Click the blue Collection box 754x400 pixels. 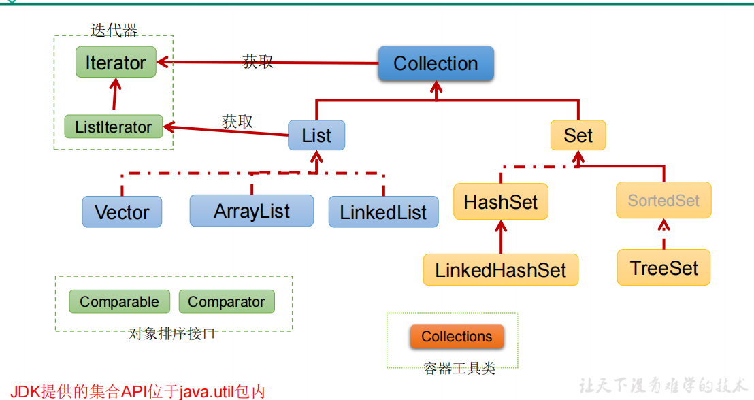point(436,63)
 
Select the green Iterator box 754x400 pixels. point(116,62)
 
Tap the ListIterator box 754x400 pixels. point(114,127)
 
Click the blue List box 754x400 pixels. point(316,135)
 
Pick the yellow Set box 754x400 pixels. point(578,135)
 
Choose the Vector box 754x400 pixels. point(122,212)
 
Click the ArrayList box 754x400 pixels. point(252,211)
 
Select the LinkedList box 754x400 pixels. point(383,212)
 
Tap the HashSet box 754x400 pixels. point(501,201)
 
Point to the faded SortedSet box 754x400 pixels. point(663,200)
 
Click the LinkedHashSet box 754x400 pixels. point(501,269)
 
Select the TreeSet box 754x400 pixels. point(663,267)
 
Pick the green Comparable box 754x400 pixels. point(119,301)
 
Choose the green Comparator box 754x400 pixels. point(227,301)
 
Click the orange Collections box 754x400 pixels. point(457,336)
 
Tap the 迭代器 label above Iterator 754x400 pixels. point(114,31)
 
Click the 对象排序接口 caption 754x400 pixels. point(171,333)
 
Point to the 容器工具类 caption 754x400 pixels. point(459,368)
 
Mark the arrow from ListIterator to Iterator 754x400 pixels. point(114,95)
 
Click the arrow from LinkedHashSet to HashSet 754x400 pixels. point(501,237)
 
